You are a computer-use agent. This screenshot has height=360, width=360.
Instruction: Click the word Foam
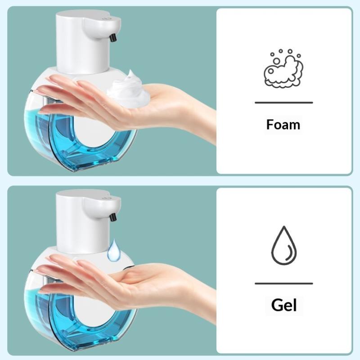(283, 125)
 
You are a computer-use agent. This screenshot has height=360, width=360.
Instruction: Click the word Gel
(284, 305)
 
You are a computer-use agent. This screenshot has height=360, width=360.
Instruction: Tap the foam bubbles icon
(283, 68)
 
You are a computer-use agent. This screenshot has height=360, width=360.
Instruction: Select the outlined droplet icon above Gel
(284, 245)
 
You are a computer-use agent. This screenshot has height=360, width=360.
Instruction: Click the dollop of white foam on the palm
(128, 90)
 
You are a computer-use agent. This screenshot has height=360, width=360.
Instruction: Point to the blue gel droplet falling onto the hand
(114, 250)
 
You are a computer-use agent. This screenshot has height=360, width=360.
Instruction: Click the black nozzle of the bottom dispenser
(112, 217)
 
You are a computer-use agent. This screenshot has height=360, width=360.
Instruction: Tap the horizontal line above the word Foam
(284, 103)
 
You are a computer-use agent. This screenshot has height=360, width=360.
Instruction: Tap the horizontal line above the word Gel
(284, 283)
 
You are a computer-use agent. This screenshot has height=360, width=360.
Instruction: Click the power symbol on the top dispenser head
(106, 18)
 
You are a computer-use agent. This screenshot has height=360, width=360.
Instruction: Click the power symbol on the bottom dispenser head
(106, 198)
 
